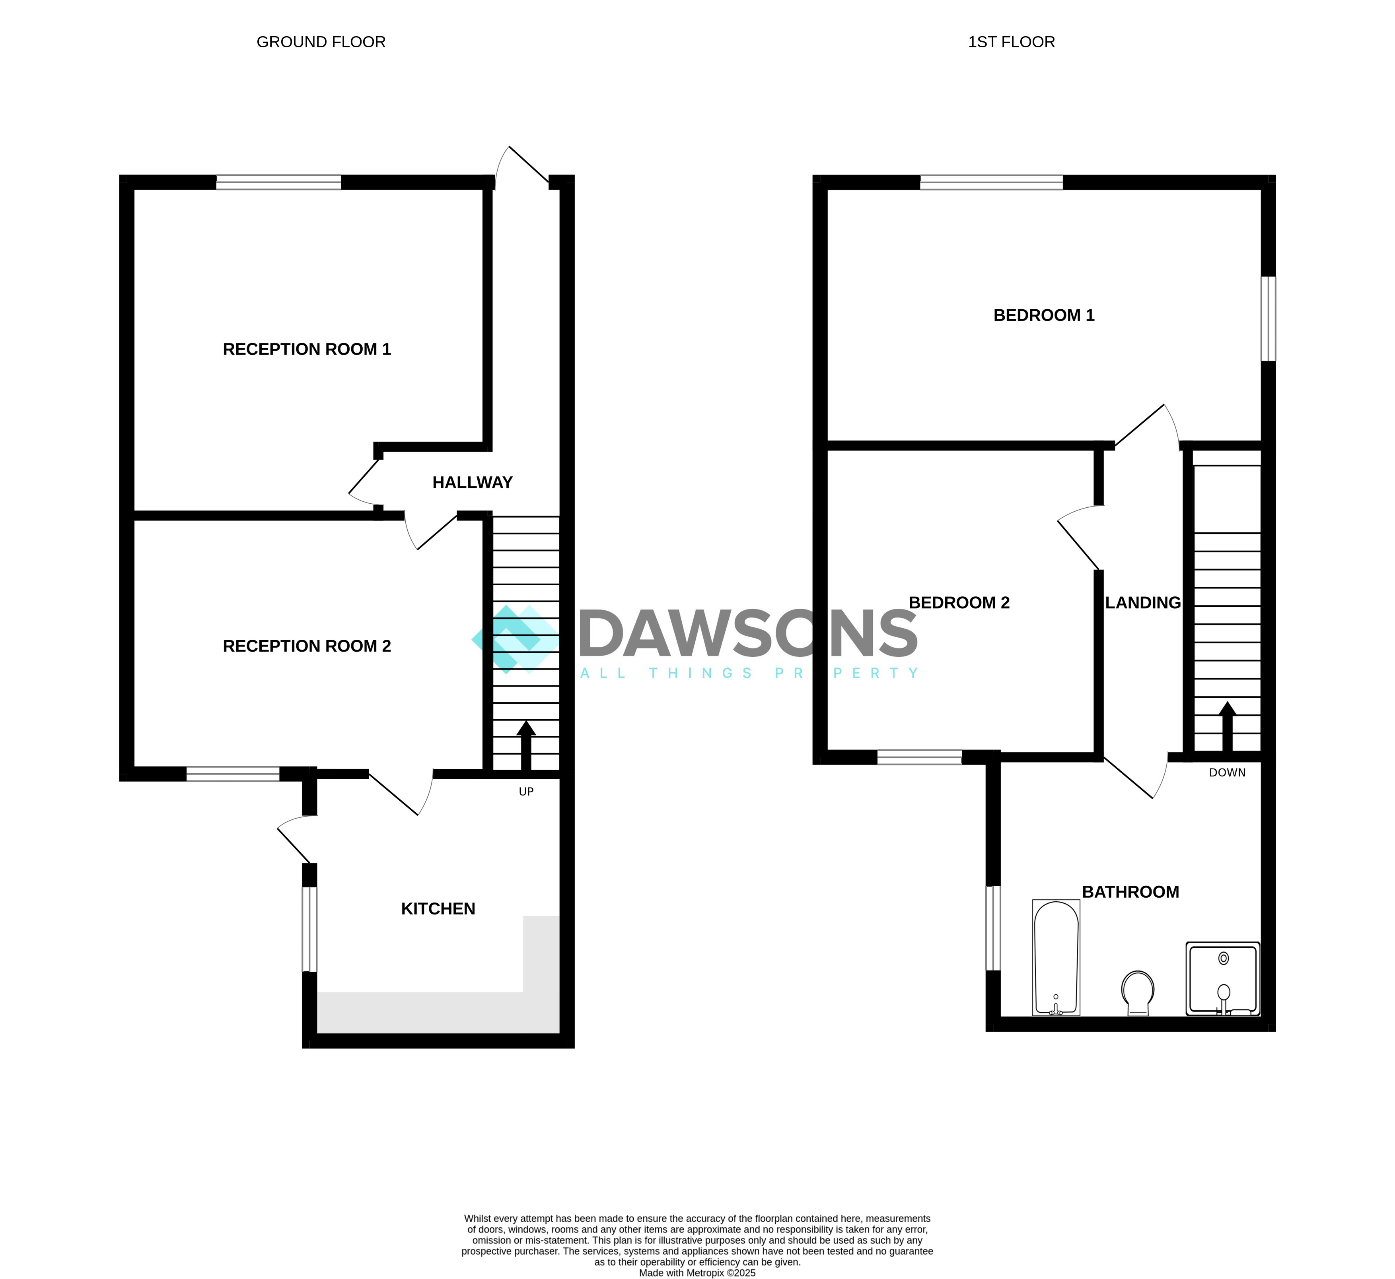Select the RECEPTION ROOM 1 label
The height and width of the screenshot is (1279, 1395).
click(x=307, y=349)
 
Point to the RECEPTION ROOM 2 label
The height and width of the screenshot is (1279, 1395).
click(x=307, y=646)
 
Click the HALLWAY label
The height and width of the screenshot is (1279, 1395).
click(x=472, y=483)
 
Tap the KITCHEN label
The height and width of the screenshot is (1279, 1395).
click(x=438, y=909)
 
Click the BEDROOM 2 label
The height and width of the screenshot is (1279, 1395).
click(x=959, y=603)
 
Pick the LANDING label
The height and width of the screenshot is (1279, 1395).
click(x=1142, y=603)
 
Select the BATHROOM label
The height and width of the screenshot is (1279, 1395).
click(x=1130, y=892)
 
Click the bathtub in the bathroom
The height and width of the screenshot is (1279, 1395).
click(x=1056, y=958)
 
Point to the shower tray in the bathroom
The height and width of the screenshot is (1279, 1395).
click(x=1223, y=978)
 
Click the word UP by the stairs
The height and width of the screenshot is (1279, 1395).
click(x=526, y=792)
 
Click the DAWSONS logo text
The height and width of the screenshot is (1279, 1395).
click(x=748, y=633)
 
